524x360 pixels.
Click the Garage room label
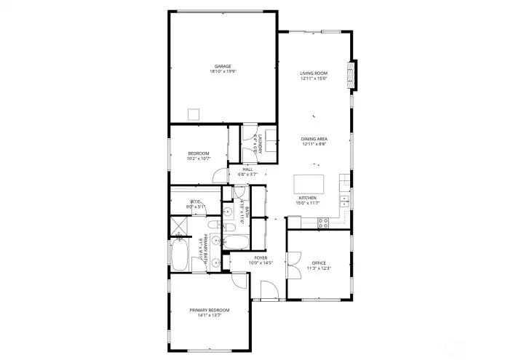[x=223, y=66]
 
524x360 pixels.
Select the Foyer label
[x=260, y=257]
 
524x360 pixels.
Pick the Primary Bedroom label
[x=210, y=311]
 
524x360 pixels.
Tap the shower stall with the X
[x=178, y=225]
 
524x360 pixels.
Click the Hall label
[x=248, y=169]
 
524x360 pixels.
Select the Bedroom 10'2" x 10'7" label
[x=199, y=153]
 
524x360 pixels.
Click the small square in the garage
[x=194, y=113]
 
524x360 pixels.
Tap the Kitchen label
[x=307, y=198]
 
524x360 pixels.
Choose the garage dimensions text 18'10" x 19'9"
[x=223, y=71]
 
